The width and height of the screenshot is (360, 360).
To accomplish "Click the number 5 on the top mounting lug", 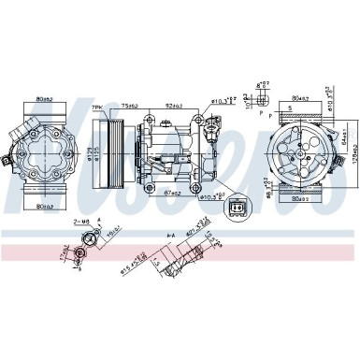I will point(290,108).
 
